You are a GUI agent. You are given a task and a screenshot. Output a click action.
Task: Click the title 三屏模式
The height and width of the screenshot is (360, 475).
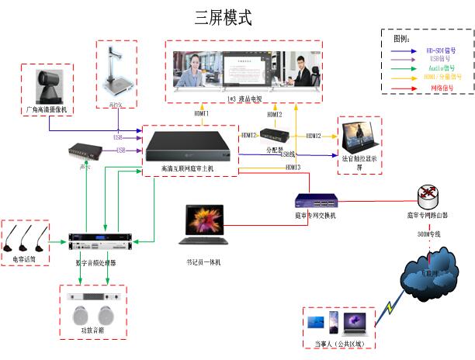coord(223,18)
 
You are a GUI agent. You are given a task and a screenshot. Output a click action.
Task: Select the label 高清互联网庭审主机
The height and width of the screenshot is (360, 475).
coord(189,168)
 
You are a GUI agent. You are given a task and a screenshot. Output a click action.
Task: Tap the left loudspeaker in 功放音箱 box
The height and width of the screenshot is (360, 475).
coord(80,316)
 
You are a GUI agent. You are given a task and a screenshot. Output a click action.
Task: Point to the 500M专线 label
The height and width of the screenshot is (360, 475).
coord(428,233)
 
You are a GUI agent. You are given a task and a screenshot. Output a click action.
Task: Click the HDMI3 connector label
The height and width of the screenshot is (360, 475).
coord(293,168)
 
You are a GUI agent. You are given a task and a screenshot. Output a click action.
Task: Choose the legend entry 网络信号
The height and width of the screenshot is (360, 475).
coord(439,88)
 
